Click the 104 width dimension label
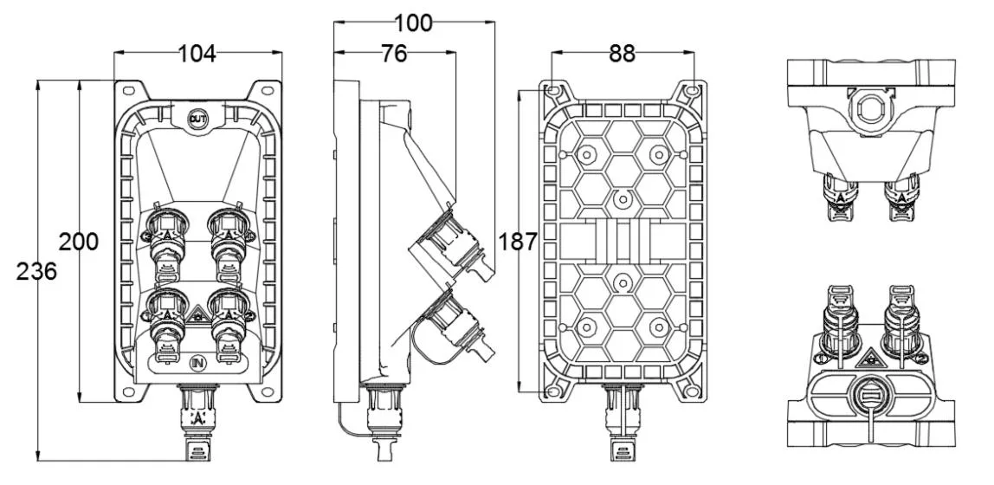coord(197,54)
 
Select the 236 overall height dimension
coord(37,271)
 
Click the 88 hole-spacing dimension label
coord(622,54)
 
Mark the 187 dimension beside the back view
coord(519,242)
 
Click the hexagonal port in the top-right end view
coord(866,108)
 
